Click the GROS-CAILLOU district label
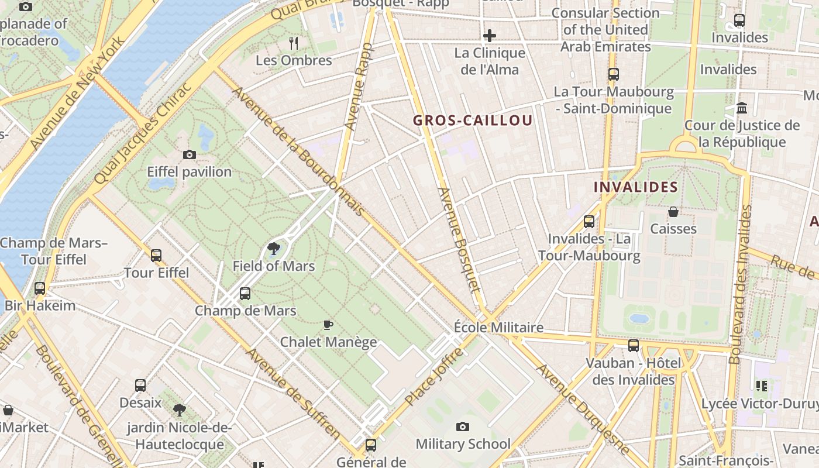click(473, 121)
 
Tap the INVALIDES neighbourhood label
click(635, 187)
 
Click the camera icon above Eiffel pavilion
click(189, 154)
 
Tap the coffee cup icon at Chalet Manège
click(328, 325)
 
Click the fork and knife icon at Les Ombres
click(294, 43)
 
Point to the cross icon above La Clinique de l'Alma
click(490, 36)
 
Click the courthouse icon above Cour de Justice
click(742, 108)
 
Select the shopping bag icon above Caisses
click(673, 212)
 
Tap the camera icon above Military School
click(463, 426)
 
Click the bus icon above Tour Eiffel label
click(156, 256)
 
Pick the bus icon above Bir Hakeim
click(40, 288)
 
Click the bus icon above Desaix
click(140, 386)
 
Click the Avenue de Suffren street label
click(292, 393)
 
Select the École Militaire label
click(498, 327)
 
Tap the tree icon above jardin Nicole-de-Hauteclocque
click(180, 410)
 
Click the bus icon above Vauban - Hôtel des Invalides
click(634, 346)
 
